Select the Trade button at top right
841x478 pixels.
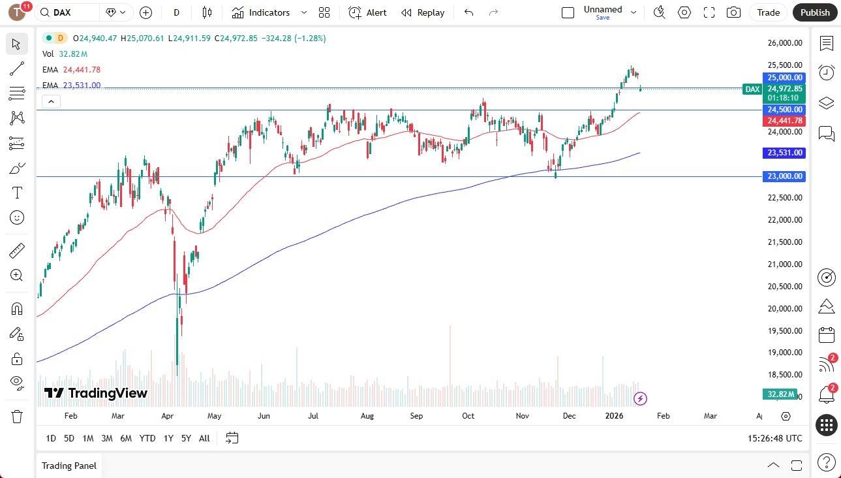768,12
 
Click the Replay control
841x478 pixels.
423,12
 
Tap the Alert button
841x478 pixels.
367,12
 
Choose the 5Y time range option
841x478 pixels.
186,438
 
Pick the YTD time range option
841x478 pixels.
147,438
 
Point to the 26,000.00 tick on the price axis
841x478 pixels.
784,43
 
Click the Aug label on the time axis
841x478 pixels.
367,416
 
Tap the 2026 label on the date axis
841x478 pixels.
614,416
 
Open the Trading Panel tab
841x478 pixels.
69,466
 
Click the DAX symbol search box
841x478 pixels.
69,12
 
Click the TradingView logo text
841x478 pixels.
97,393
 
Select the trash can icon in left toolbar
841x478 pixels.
17,417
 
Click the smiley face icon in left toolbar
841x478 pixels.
17,217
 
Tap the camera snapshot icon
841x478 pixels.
734,12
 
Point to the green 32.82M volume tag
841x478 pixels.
781,394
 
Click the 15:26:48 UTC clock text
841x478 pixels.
775,438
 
